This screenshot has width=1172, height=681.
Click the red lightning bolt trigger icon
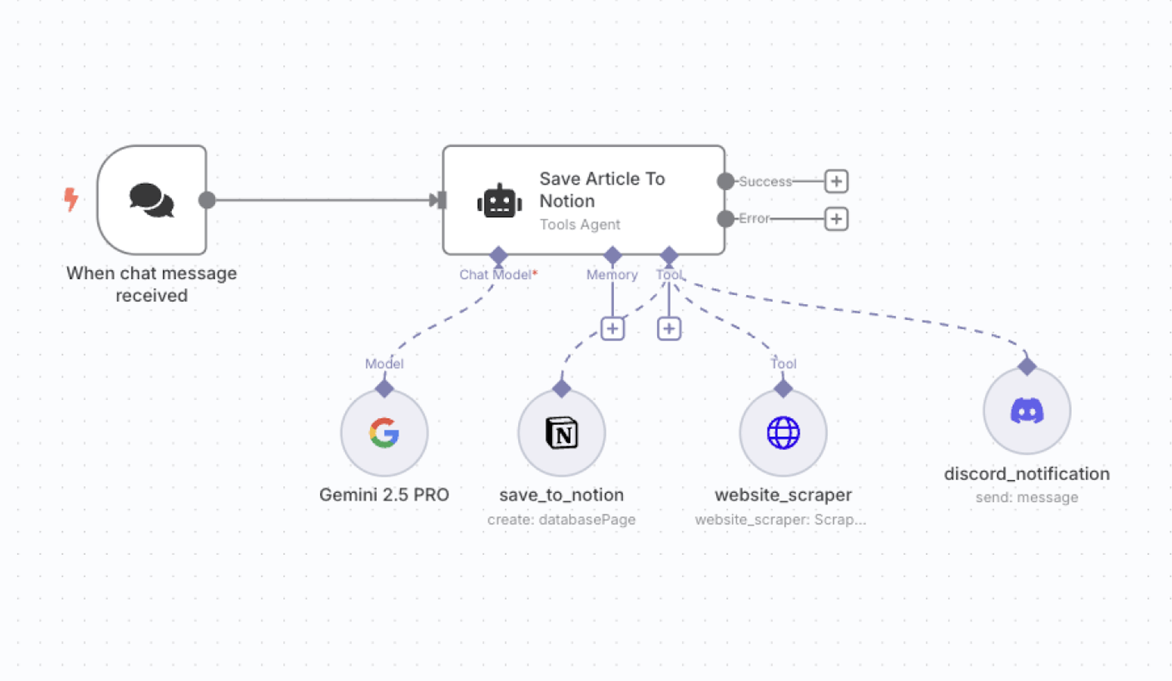[x=71, y=199]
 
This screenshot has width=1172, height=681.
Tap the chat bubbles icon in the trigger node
[x=151, y=200]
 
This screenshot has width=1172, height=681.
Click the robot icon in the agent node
[x=499, y=201]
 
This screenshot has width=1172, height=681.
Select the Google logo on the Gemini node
[x=384, y=433]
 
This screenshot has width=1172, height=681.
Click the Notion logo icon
[x=561, y=433]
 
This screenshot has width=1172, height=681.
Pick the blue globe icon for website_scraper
[x=783, y=433]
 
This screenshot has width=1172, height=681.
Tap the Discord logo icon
[x=1027, y=411]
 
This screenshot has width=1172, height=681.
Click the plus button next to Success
[x=836, y=181]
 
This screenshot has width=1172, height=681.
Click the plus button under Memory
[x=612, y=329]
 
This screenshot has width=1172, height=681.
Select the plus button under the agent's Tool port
[x=668, y=329]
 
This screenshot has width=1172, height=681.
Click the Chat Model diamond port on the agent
[x=499, y=256]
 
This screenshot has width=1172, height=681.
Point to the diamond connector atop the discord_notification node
[x=1027, y=366]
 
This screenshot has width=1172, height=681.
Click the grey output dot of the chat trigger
[x=207, y=200]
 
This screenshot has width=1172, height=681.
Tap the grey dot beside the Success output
[x=725, y=181]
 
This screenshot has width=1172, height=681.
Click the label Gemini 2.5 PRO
[x=384, y=495]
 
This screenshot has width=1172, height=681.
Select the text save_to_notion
[x=561, y=495]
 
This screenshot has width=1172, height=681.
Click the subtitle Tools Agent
[x=580, y=225]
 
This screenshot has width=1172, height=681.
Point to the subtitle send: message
[x=1027, y=497]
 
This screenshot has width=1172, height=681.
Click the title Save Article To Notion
[x=602, y=189]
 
